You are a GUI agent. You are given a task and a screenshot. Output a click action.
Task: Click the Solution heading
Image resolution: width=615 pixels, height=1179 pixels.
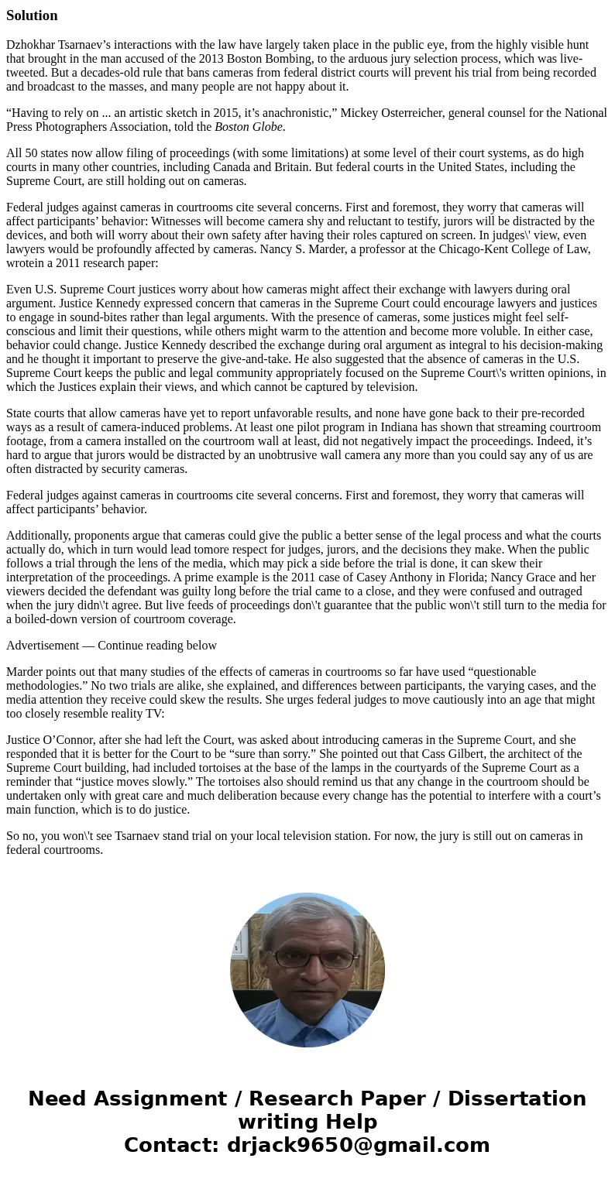[x=32, y=15]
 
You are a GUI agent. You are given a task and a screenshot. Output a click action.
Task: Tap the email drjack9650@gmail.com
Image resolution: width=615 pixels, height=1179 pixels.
[x=359, y=1146]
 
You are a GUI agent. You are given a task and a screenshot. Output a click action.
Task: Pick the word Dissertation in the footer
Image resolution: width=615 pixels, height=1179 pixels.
[x=517, y=1099]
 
